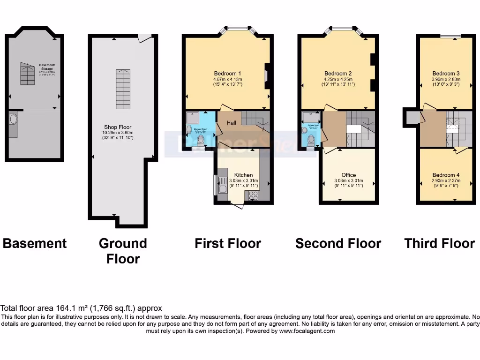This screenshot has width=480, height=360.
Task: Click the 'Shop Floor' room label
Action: pos(118,127)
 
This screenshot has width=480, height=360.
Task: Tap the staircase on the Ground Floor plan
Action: pos(123,89)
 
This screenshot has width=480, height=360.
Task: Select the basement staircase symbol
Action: pos(27,74)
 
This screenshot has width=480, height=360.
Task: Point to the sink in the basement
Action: pos(13,120)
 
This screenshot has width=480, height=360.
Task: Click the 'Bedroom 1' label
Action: pos(227,73)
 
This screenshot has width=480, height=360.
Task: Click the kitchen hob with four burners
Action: pos(254,195)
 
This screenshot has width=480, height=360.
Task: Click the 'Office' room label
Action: pos(348,175)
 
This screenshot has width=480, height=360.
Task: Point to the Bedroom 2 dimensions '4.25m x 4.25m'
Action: pos(338,79)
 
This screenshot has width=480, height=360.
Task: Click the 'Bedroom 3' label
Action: pos(446,73)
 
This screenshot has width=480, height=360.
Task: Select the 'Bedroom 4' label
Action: pos(446,175)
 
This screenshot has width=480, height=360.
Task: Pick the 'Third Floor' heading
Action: pos(439,243)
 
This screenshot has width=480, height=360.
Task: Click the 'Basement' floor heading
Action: pos(35,243)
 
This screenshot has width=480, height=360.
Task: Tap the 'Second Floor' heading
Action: pos(338,243)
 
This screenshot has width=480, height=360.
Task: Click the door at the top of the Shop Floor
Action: pos(145,38)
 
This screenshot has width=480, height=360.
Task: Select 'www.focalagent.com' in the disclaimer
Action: pos(307,331)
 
